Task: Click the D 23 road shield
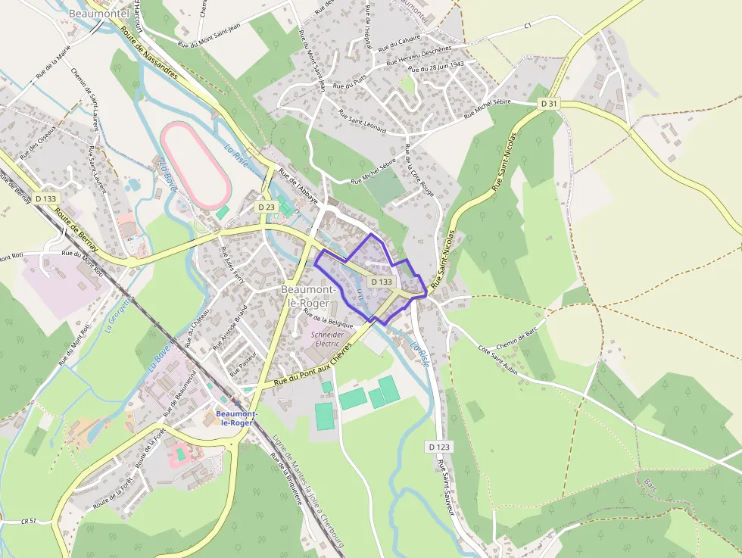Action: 266,207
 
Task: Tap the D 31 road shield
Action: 549,103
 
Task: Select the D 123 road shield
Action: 438,447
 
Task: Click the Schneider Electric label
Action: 327,338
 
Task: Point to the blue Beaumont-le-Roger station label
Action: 236,418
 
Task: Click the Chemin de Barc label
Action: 516,338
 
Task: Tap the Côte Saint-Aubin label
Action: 504,360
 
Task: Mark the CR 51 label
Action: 30,521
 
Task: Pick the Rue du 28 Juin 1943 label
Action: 435,67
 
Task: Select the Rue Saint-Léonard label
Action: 363,122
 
